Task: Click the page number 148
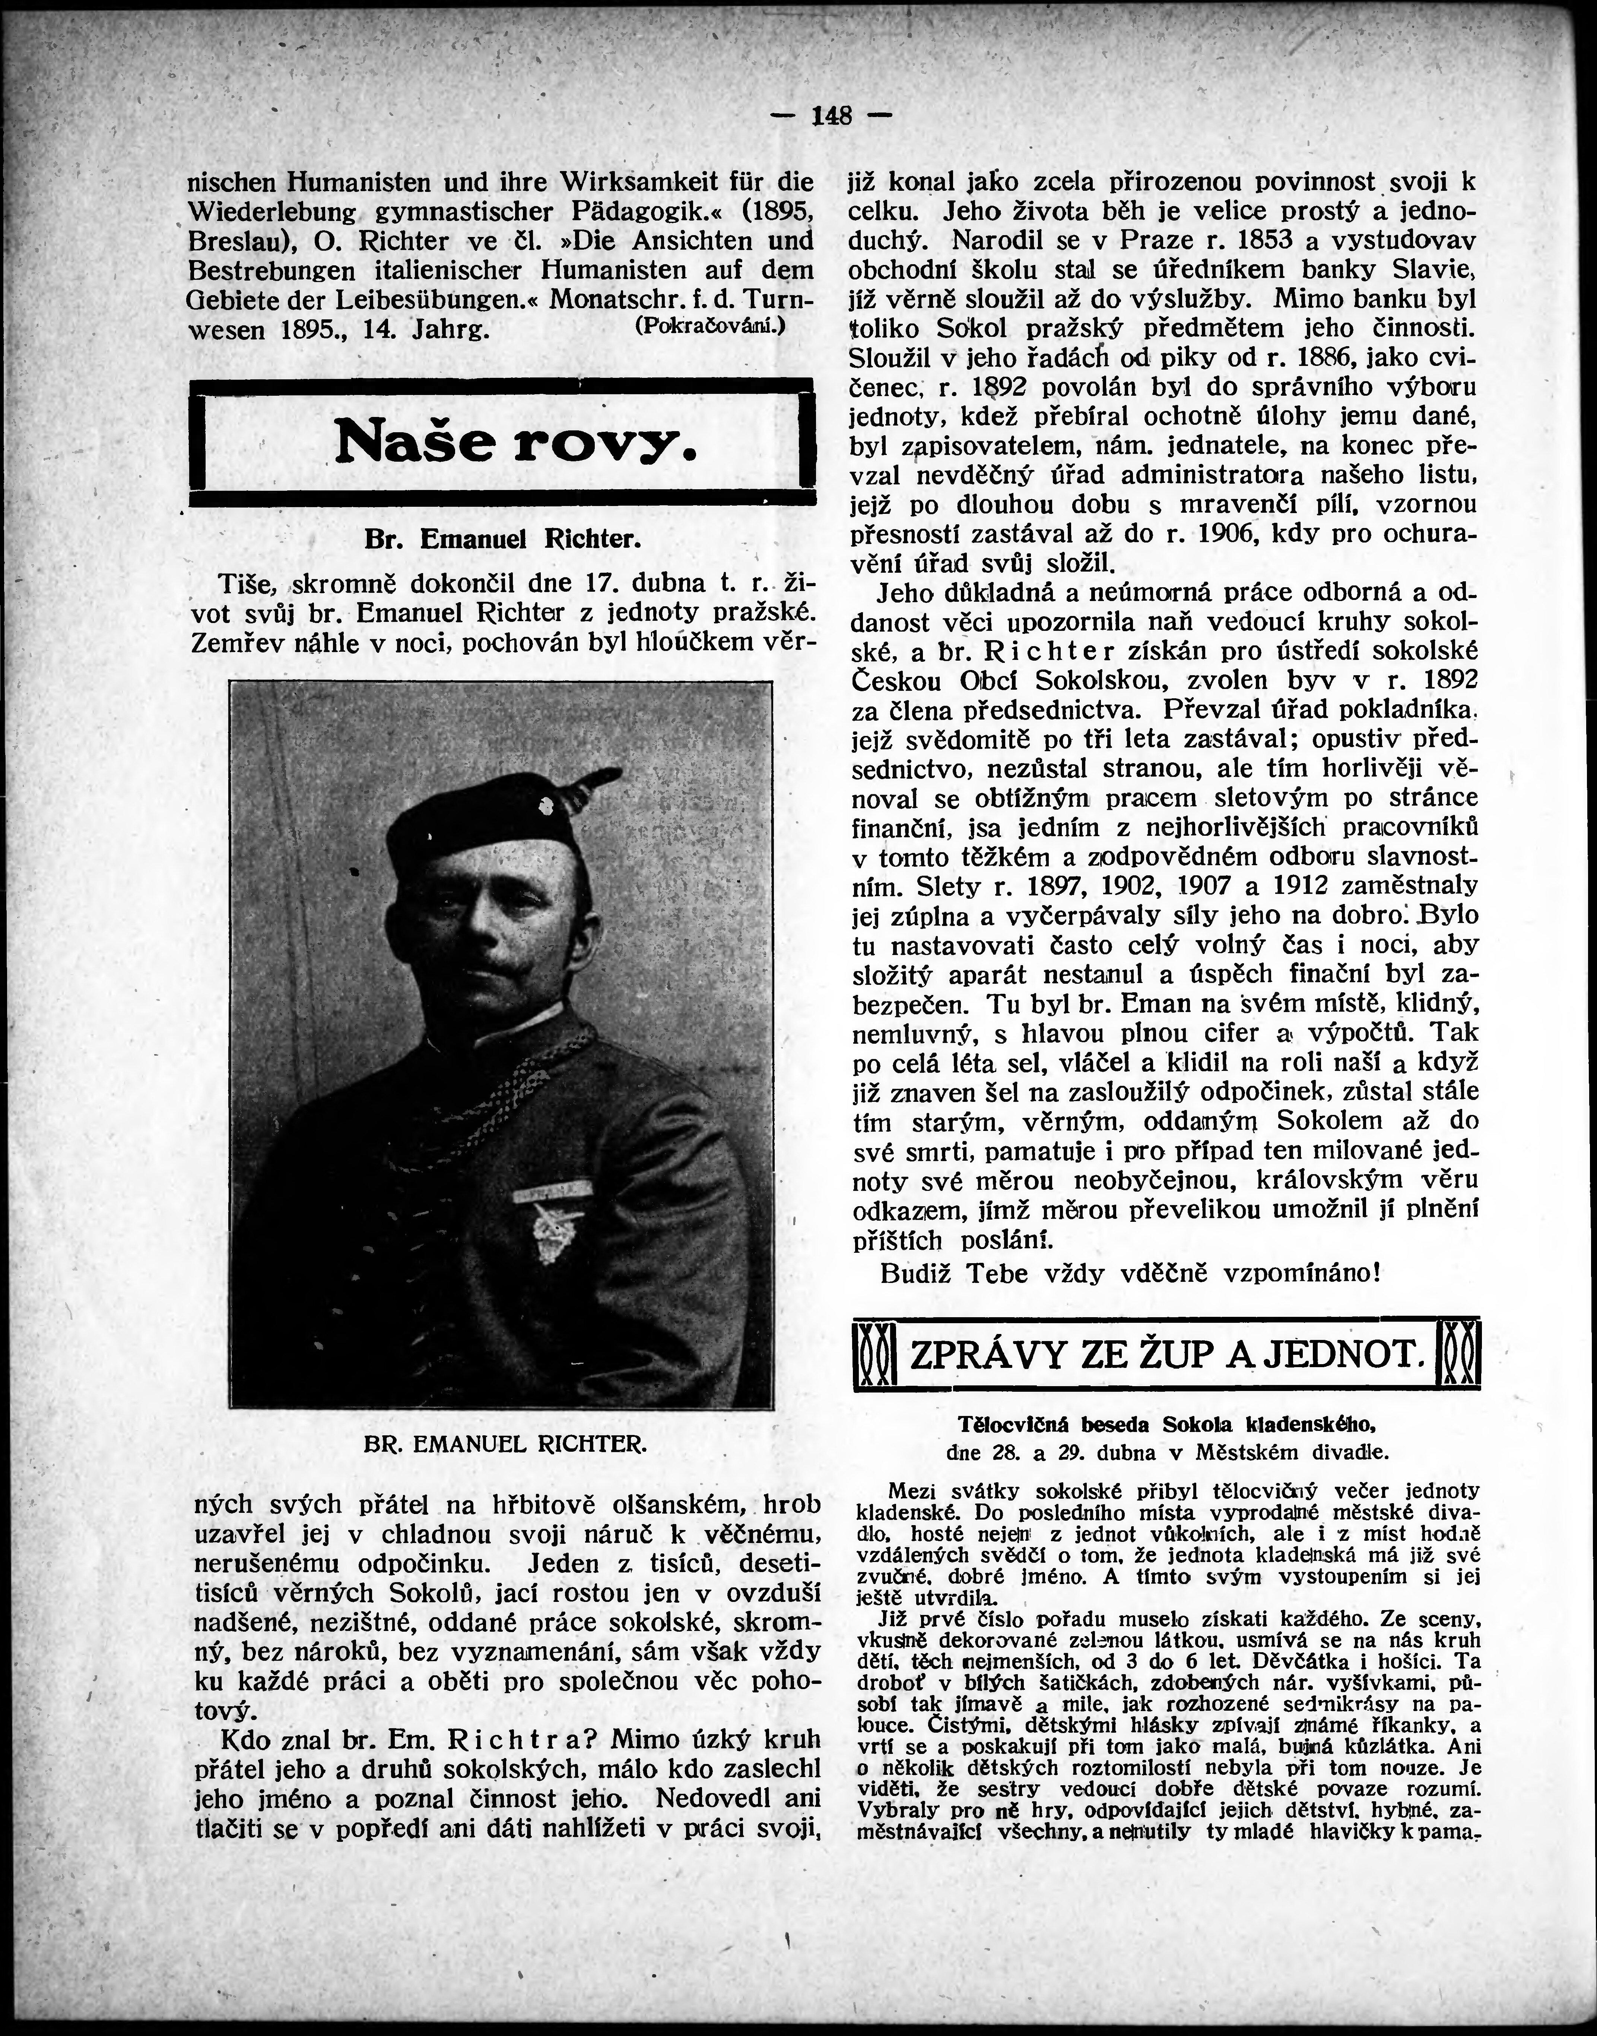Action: [831, 116]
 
